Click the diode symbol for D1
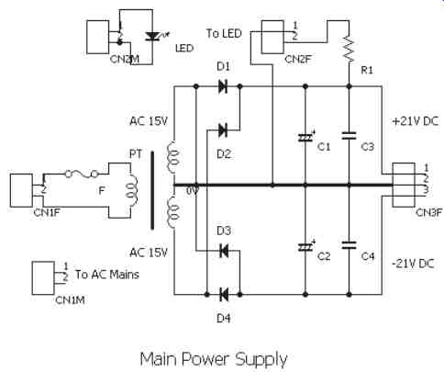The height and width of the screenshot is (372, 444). [223, 86]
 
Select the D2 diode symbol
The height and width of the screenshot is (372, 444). [223, 130]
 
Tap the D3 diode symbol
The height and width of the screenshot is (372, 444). [224, 251]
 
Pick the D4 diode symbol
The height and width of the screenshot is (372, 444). [224, 295]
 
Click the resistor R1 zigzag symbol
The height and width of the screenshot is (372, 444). [350, 50]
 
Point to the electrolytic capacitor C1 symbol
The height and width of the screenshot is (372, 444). [306, 137]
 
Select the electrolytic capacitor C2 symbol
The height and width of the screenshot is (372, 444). [306, 246]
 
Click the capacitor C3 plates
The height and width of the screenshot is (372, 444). [350, 136]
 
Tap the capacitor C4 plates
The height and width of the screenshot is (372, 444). [350, 245]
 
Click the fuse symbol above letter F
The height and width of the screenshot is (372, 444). [82, 175]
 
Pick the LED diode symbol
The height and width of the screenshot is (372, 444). [152, 37]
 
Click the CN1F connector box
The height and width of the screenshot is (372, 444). [21, 190]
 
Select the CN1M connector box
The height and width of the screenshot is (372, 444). [43, 278]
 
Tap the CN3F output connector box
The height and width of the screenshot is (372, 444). [404, 185]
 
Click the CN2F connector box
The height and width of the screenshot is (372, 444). [272, 38]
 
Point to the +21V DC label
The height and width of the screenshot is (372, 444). [415, 121]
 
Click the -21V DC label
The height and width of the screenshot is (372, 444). [413, 264]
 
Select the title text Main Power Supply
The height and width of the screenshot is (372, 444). [214, 359]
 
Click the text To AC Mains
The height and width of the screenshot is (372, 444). [107, 275]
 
